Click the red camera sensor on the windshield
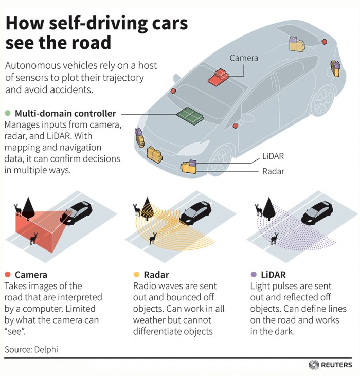pyautogui.click(x=218, y=77)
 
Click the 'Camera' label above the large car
pyautogui.click(x=244, y=58)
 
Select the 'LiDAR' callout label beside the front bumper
pyautogui.click(x=273, y=156)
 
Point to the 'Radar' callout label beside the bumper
pyautogui.click(x=273, y=171)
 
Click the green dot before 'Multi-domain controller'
pyautogui.click(x=7, y=113)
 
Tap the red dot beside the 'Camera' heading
pyautogui.click(x=7, y=275)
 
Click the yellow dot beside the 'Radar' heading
pyautogui.click(x=136, y=275)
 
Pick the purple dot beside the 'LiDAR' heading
pyautogui.click(x=254, y=275)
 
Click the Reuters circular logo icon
pyautogui.click(x=314, y=365)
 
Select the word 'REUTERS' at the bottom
pyautogui.click(x=337, y=365)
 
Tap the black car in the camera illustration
pyautogui.click(x=77, y=210)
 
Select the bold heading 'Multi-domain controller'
pyautogui.click(x=65, y=113)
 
